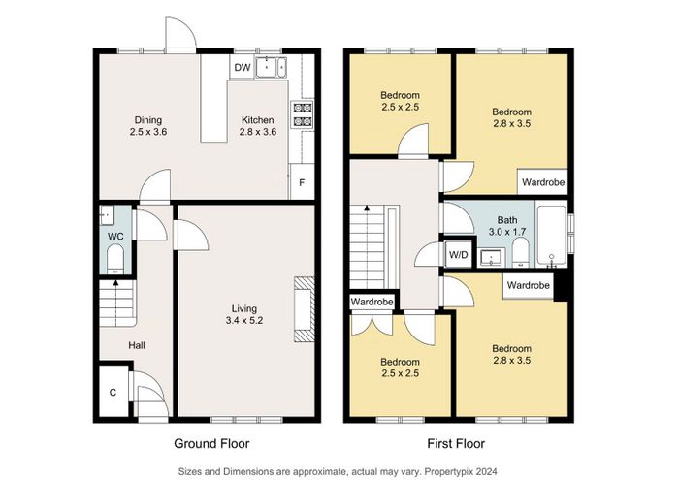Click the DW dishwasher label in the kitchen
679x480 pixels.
pyautogui.click(x=242, y=68)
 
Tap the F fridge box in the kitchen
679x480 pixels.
pyautogui.click(x=302, y=181)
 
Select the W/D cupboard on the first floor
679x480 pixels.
pyautogui.click(x=458, y=254)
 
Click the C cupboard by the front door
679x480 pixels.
pyautogui.click(x=113, y=393)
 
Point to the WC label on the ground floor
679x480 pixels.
pyautogui.click(x=115, y=237)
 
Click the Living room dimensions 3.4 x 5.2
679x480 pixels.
pyautogui.click(x=244, y=321)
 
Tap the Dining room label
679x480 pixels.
pyautogui.click(x=148, y=120)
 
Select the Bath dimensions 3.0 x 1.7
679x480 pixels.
pyautogui.click(x=507, y=232)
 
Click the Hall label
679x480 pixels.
pyautogui.click(x=137, y=345)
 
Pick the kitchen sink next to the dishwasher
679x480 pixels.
pyautogui.click(x=271, y=68)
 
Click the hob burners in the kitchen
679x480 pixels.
pyautogui.click(x=303, y=114)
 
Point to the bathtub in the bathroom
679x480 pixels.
pyautogui.click(x=551, y=236)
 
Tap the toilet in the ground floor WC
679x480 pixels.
pyautogui.click(x=115, y=259)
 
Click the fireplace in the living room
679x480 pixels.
pyautogui.click(x=304, y=309)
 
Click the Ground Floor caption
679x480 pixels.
pyautogui.click(x=211, y=444)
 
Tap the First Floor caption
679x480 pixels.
pyautogui.click(x=456, y=444)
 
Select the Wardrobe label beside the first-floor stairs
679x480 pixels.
pyautogui.click(x=372, y=302)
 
